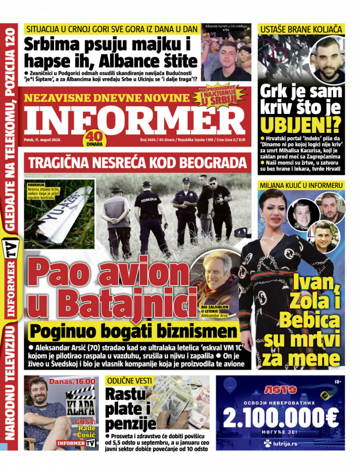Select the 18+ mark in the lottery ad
coord(338,382)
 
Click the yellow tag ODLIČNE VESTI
coord(129,381)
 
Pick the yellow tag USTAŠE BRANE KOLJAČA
coord(301,29)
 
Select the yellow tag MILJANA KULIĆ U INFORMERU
coord(301,185)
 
